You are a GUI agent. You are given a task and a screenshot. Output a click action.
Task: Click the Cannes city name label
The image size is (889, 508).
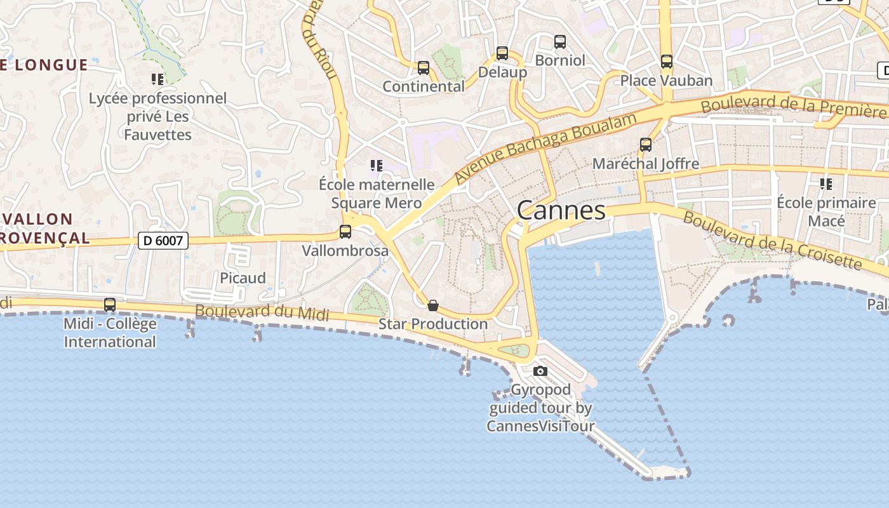[561, 210]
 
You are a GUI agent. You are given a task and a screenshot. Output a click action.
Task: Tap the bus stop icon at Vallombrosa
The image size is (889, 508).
[345, 232]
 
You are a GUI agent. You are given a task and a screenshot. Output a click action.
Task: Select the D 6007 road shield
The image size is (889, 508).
[163, 241]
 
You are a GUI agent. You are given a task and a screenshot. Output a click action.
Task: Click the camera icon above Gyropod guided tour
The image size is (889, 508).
[540, 371]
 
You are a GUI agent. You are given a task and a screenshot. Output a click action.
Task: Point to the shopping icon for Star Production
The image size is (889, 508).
[433, 305]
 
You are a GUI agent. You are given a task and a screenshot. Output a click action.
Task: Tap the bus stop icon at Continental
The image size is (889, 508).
[424, 68]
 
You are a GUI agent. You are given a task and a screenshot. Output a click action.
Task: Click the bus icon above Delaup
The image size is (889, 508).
[502, 53]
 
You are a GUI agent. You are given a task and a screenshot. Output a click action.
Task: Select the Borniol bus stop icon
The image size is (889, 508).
[560, 42]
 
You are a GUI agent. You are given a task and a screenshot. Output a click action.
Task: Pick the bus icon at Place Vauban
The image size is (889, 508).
[667, 62]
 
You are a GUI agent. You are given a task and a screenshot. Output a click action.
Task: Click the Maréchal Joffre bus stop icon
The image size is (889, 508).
[646, 145]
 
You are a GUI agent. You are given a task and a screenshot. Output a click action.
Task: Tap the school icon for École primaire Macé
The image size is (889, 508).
[826, 184]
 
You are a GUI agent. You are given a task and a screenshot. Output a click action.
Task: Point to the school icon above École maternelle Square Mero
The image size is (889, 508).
[377, 166]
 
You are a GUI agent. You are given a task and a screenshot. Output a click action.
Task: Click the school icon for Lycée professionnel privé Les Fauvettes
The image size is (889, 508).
[157, 79]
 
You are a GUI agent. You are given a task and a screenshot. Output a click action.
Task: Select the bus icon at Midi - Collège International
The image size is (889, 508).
[110, 305]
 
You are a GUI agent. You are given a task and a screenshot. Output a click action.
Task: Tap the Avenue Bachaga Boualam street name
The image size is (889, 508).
[545, 148]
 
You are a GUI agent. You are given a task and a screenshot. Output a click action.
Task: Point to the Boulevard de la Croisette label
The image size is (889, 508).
[772, 240]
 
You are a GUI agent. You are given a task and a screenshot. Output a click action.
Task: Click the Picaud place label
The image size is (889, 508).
[243, 278]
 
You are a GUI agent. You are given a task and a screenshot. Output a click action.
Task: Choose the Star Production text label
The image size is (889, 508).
[433, 324]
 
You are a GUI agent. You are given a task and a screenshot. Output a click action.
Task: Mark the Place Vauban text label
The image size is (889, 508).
[666, 81]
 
